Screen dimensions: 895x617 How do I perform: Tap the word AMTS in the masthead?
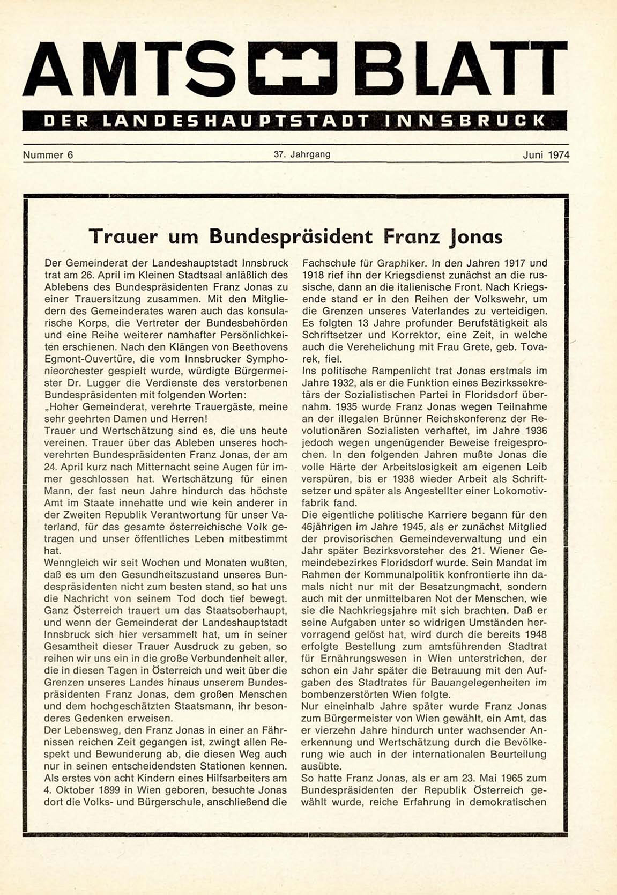[129, 70]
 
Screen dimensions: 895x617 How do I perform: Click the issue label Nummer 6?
[48, 156]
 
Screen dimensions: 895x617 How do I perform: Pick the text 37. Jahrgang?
[302, 154]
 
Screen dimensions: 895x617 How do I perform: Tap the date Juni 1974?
[546, 156]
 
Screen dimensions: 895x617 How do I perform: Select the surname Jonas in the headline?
[476, 236]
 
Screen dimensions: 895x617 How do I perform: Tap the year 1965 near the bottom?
[495, 778]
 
